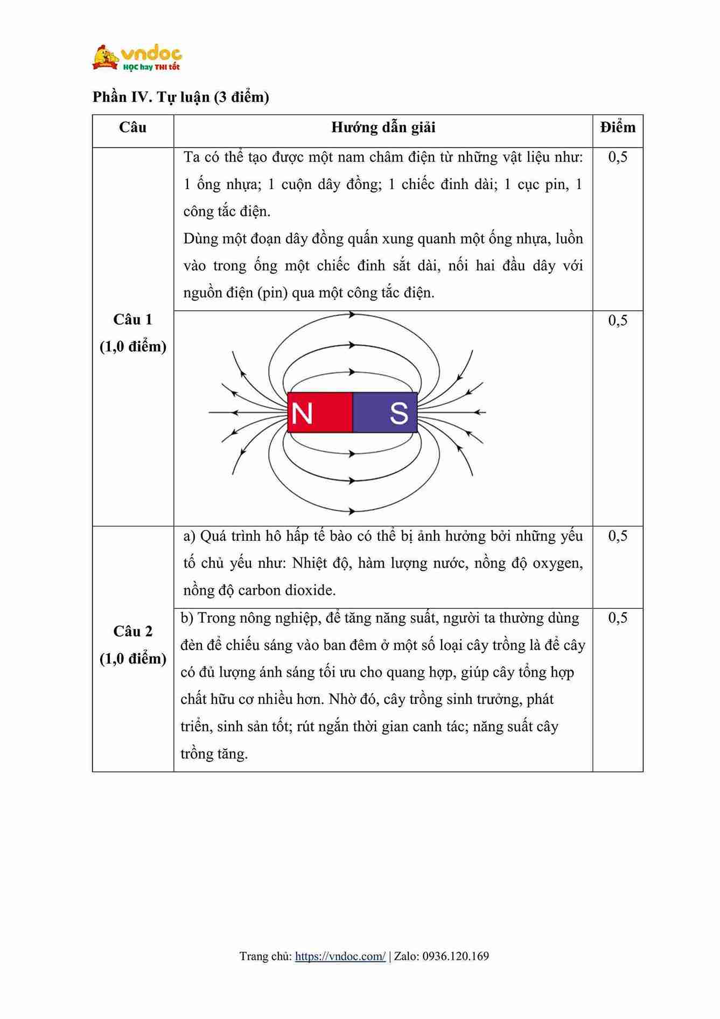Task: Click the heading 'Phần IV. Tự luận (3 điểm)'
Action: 180,97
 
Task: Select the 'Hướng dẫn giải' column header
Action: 383,128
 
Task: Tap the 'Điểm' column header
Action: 618,128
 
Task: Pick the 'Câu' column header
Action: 132,128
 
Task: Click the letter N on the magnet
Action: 302,413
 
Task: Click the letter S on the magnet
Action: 399,413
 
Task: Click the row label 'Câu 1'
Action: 132,320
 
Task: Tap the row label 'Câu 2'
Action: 132,632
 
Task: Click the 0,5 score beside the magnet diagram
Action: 618,321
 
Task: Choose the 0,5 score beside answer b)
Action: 618,618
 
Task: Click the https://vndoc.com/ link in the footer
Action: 340,957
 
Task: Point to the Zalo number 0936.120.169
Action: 456,957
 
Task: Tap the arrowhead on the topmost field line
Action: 352,315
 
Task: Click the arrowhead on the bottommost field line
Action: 352,511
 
